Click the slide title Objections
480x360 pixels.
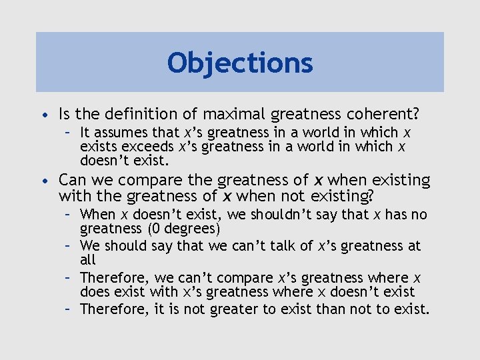tap(240, 63)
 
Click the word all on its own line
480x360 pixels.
tap(88, 260)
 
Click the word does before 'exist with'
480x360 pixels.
tap(94, 292)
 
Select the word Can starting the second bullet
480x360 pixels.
tap(72, 180)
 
